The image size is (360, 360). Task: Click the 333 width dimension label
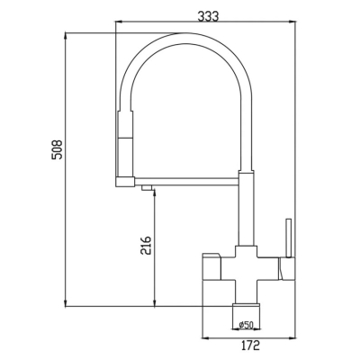tap(208, 16)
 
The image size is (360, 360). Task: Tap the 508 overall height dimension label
tap(57, 149)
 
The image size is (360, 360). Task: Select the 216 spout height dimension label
tap(146, 246)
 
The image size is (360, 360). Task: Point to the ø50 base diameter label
tap(247, 324)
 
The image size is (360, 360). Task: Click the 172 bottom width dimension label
tap(250, 346)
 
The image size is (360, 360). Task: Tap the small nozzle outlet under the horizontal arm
tap(147, 188)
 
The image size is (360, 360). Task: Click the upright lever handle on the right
tap(289, 238)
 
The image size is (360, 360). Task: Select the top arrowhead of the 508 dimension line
tap(66, 36)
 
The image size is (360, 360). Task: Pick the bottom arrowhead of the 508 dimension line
tap(66, 302)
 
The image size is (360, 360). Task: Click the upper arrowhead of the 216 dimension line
tap(155, 195)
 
